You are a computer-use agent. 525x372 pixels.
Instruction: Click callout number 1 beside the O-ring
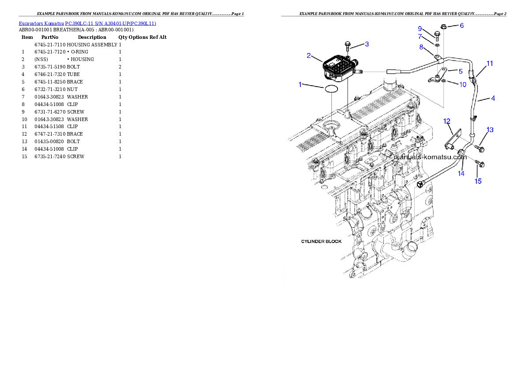point(300,84)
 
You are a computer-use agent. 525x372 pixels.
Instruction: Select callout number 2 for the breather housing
point(309,56)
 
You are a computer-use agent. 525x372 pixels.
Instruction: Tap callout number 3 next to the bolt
point(366,44)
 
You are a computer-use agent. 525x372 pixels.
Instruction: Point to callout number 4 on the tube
point(493,99)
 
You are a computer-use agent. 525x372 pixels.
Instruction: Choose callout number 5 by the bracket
point(460,71)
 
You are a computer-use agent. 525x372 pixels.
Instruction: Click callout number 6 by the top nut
point(461,26)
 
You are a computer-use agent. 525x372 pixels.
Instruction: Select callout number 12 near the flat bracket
point(447,121)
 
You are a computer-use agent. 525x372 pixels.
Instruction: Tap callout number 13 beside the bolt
point(490,130)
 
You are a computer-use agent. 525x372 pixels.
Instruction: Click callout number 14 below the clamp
point(461,174)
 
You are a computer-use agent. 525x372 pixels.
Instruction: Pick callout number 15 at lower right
point(478,181)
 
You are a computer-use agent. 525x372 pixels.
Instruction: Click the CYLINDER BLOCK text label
point(321,242)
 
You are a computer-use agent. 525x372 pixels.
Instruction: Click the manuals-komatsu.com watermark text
point(430,157)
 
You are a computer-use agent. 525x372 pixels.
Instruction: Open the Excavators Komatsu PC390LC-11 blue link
point(87,23)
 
